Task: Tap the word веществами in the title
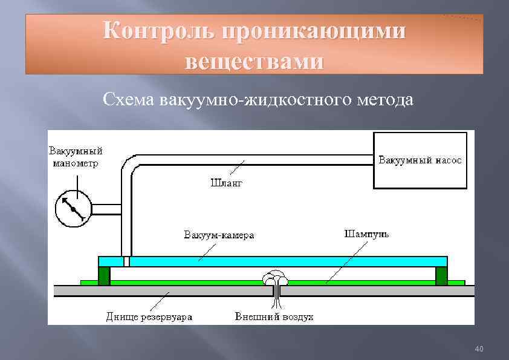(254, 61)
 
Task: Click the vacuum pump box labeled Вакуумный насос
(420, 160)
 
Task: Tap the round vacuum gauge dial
(73, 209)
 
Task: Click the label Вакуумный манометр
(76, 156)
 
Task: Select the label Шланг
(226, 182)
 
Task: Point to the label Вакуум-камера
(219, 235)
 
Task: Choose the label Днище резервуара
(145, 317)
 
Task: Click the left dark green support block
(104, 275)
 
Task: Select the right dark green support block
(441, 275)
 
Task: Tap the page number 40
(479, 349)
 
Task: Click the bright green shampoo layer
(363, 283)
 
